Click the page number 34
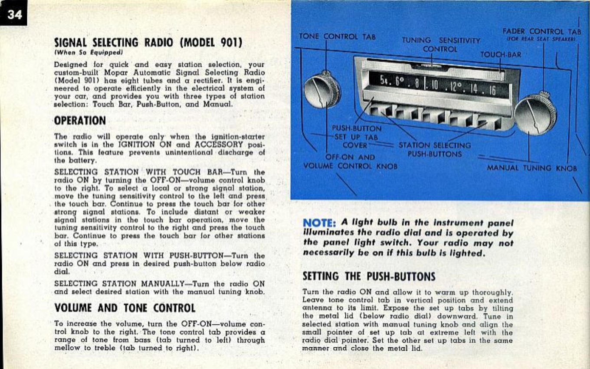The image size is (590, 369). (x=14, y=14)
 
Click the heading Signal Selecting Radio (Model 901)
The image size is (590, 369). (x=147, y=43)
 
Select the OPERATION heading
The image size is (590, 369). (x=80, y=120)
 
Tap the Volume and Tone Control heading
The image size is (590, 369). (x=125, y=308)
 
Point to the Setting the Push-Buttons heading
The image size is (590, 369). (x=369, y=276)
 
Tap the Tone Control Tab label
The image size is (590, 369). (x=337, y=36)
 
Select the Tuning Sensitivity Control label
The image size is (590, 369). (x=441, y=45)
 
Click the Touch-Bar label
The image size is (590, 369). (x=501, y=55)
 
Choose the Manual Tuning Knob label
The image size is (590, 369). (x=531, y=168)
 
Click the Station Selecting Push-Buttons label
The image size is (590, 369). (x=434, y=150)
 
